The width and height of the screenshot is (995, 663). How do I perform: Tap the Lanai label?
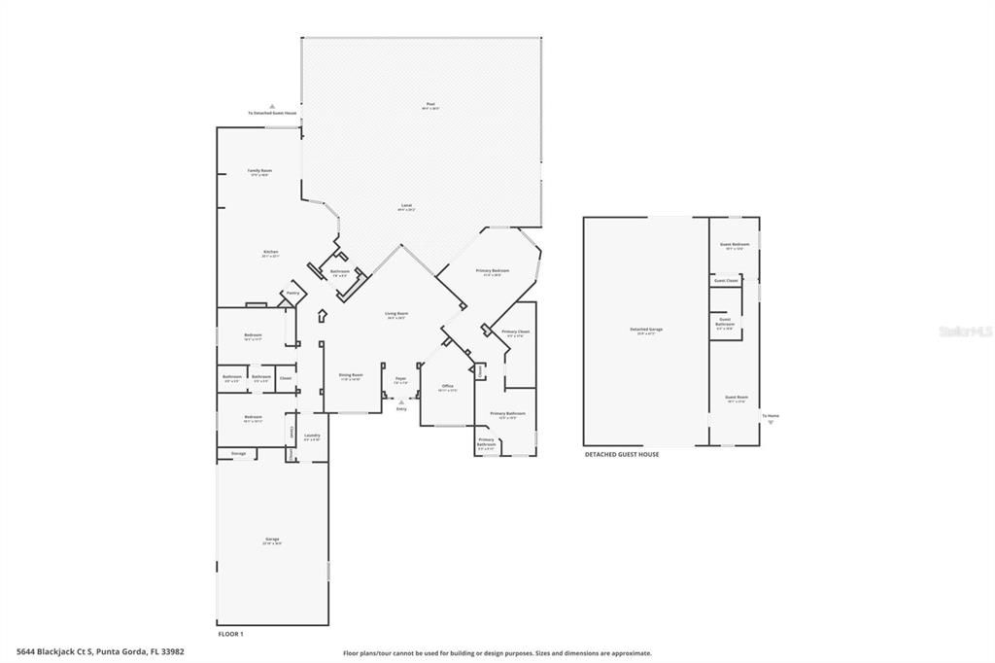(x=406, y=205)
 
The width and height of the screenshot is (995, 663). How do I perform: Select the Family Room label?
(x=259, y=170)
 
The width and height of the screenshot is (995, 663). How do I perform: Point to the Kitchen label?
(x=270, y=252)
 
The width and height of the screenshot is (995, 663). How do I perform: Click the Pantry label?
(x=291, y=293)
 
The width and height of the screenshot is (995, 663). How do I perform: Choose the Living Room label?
(x=395, y=313)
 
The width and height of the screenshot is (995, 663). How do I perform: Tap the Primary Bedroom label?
(x=492, y=269)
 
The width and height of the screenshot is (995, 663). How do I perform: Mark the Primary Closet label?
(x=515, y=331)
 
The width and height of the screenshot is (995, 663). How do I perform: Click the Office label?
(x=447, y=386)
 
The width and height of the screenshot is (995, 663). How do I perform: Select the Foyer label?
(x=400, y=379)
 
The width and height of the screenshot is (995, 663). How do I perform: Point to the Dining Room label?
(x=350, y=374)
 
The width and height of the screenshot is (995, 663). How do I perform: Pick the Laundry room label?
(x=312, y=436)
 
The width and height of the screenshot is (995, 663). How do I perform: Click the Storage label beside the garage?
(x=238, y=453)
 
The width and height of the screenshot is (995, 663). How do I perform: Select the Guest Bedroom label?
(x=734, y=244)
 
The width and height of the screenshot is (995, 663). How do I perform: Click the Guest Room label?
(x=736, y=397)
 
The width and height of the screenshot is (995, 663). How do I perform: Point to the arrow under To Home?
(x=771, y=423)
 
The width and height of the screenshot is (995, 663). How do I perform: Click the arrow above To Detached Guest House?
(x=272, y=105)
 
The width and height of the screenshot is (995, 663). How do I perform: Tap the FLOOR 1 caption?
(x=230, y=634)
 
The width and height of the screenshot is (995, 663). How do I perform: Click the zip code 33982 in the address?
(x=171, y=652)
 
